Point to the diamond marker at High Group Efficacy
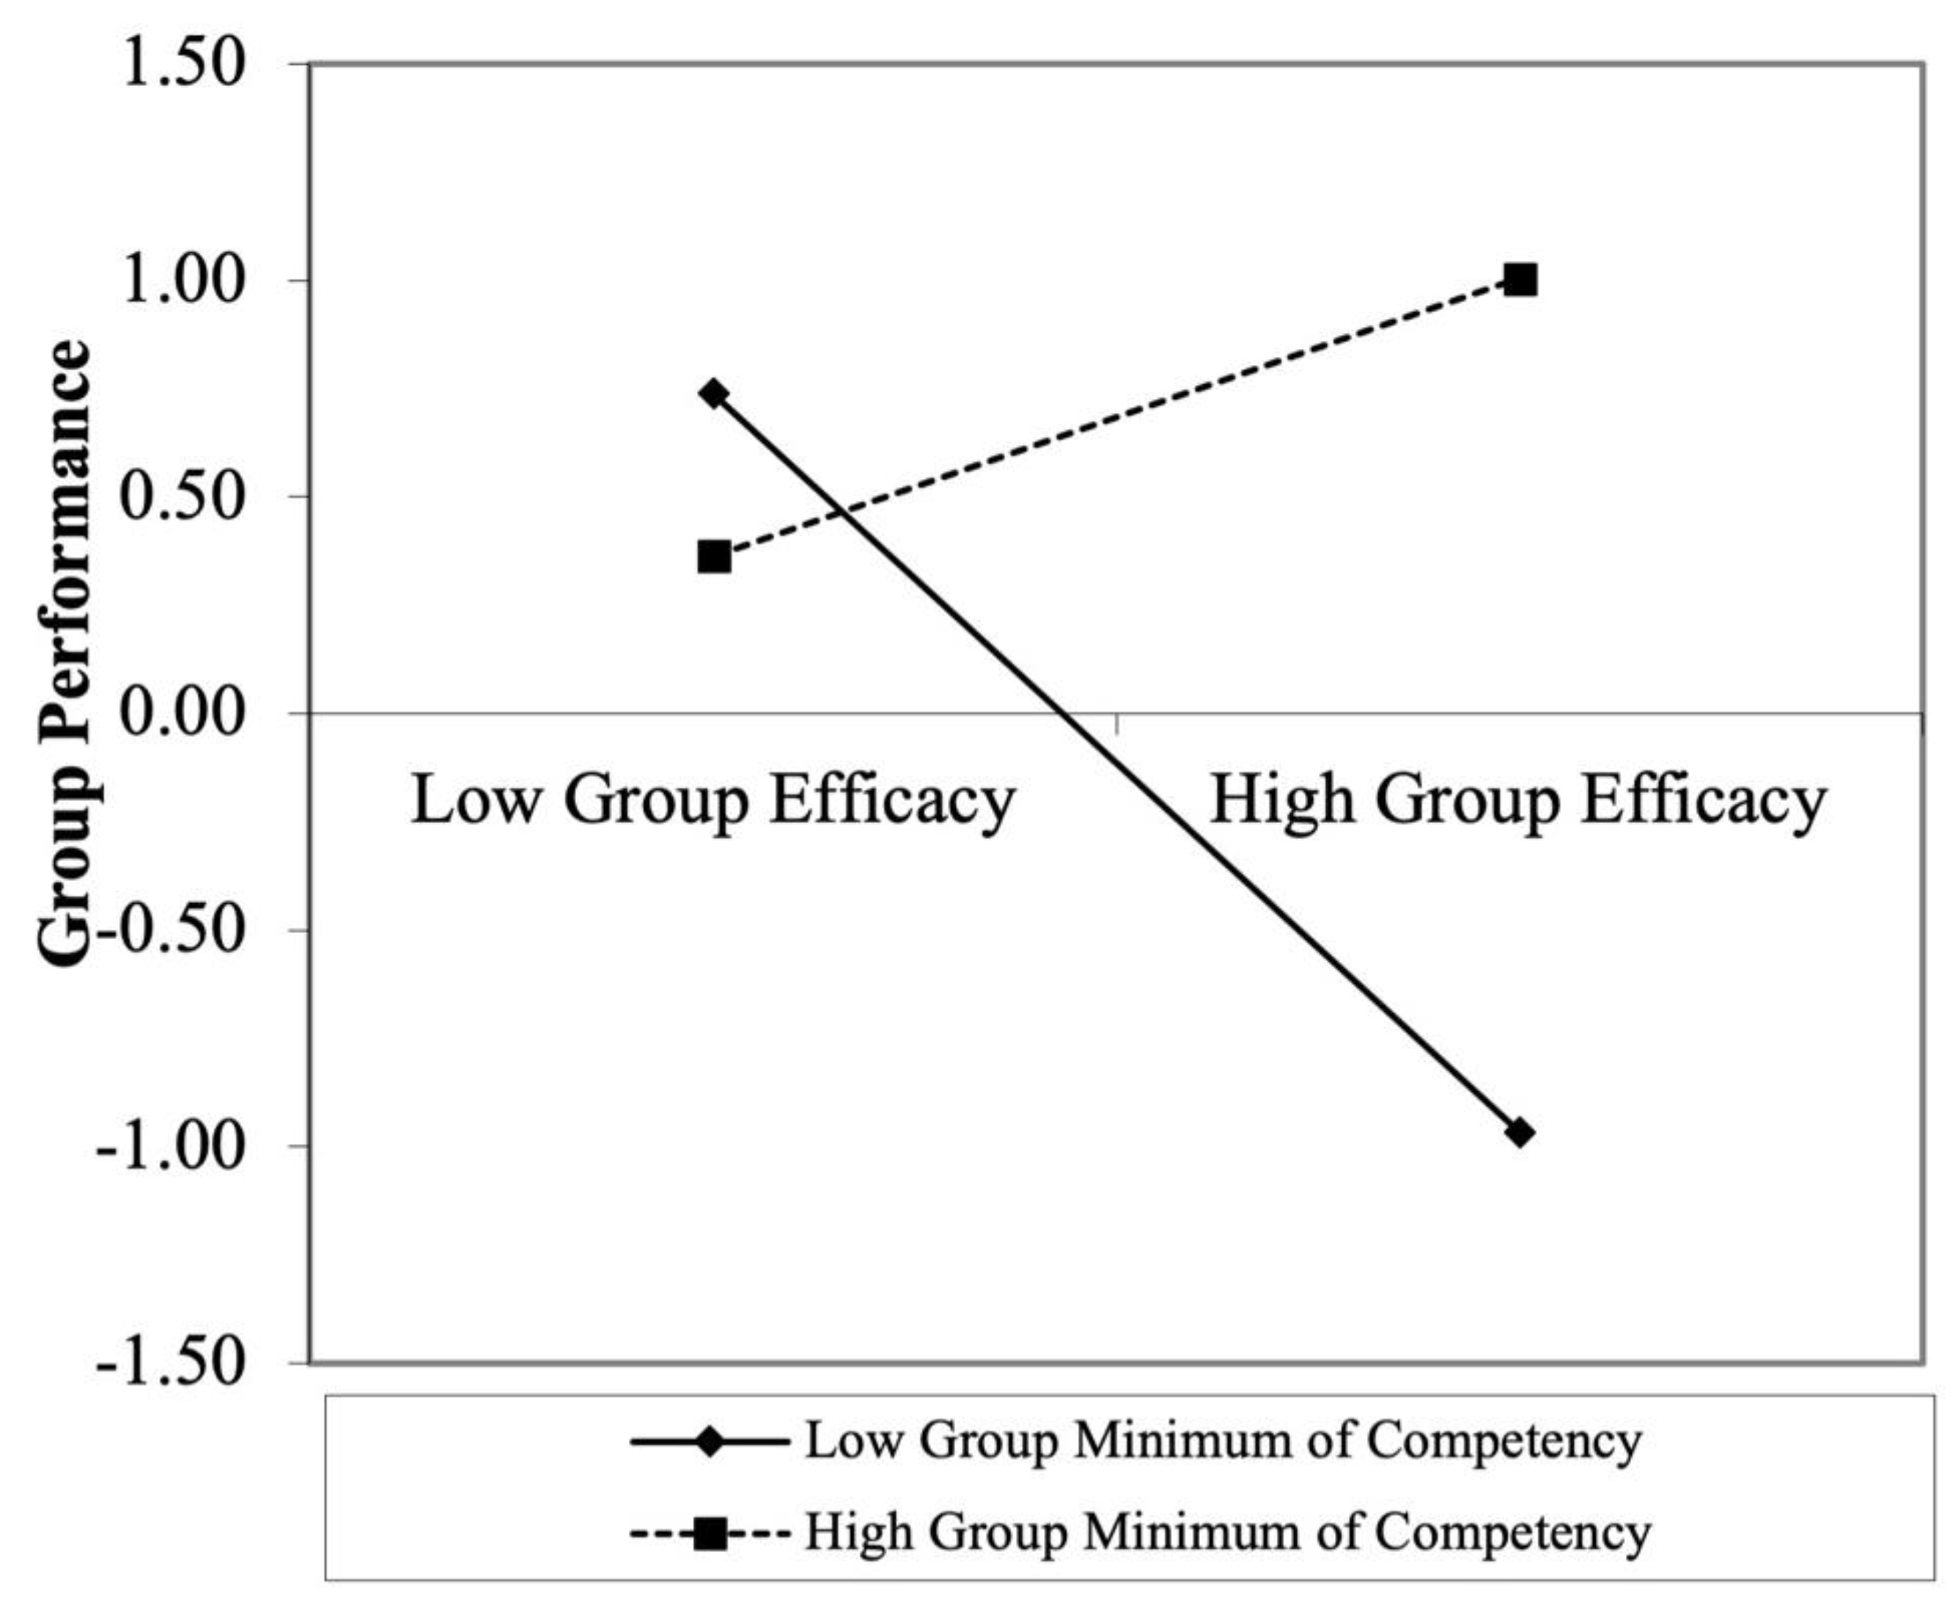[1520, 1132]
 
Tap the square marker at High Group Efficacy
[1520, 279]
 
